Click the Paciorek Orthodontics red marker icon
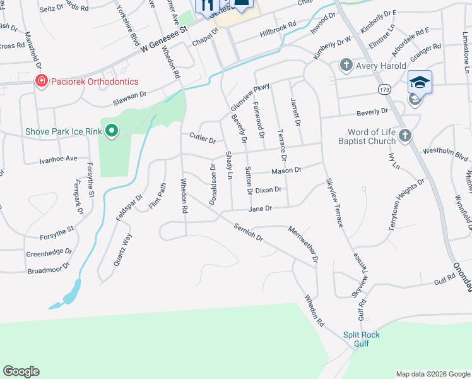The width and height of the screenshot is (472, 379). point(41,81)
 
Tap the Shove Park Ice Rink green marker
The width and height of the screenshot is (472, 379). point(112,131)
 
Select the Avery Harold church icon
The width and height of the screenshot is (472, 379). point(346,64)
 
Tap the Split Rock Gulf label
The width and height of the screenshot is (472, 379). point(362,339)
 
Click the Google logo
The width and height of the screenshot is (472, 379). point(21,371)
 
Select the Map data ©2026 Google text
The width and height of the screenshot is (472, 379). point(432,374)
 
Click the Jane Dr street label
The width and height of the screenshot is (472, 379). point(260,208)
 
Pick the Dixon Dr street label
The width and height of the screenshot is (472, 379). point(268,189)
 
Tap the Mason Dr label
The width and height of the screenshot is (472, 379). point(286,171)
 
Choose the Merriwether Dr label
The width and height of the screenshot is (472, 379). point(302,243)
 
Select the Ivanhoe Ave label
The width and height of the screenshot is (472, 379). point(57,159)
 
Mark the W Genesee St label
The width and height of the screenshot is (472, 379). point(165,39)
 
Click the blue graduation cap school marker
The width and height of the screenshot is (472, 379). point(420,82)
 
